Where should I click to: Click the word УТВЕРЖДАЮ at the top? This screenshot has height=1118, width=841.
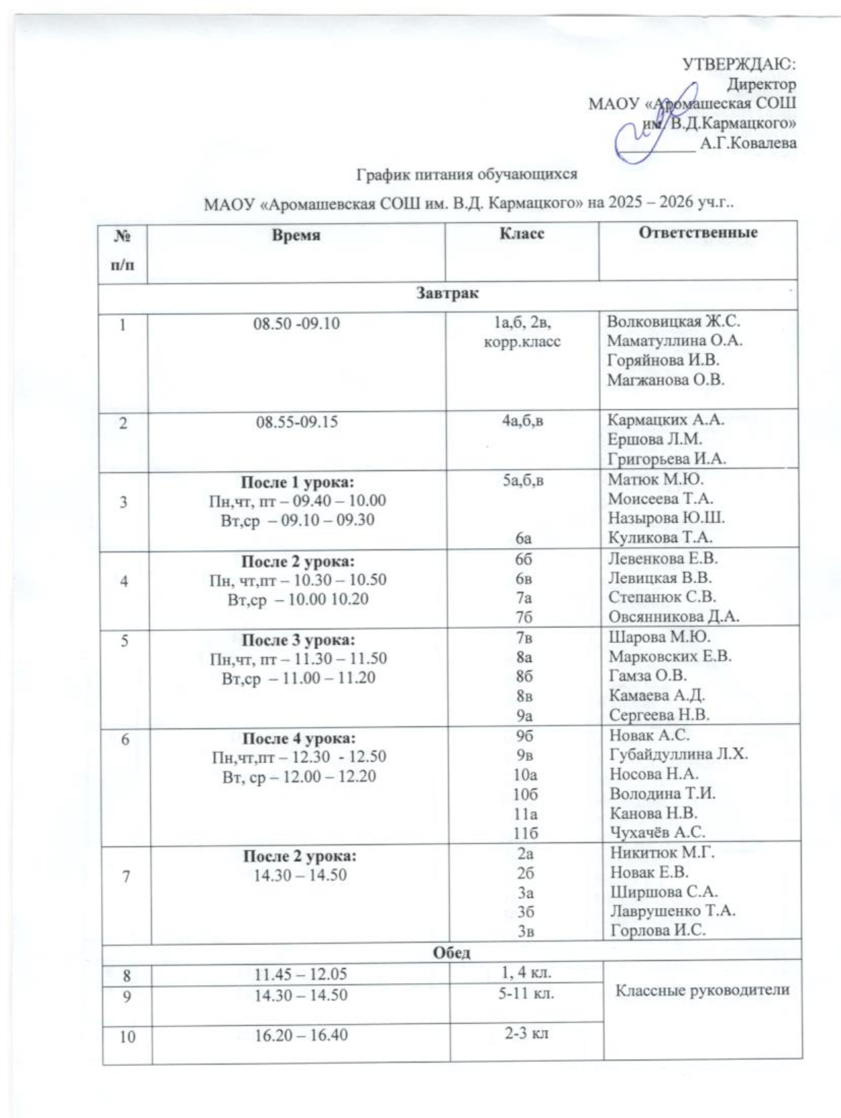pyautogui.click(x=739, y=64)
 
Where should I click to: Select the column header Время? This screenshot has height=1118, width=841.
pyautogui.click(x=296, y=235)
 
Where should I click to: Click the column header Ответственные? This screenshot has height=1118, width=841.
pyautogui.click(x=698, y=232)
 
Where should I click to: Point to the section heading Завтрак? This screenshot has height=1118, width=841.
pyautogui.click(x=447, y=293)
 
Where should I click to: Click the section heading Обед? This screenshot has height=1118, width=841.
pyautogui.click(x=451, y=952)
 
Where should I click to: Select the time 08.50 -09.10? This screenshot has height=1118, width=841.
pyautogui.click(x=296, y=324)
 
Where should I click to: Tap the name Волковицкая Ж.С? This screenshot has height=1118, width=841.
pyautogui.click(x=673, y=321)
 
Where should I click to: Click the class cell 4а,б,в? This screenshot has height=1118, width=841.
pyautogui.click(x=522, y=420)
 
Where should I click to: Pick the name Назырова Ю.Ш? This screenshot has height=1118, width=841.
pyautogui.click(x=666, y=518)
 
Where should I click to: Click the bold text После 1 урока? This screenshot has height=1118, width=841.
pyautogui.click(x=297, y=482)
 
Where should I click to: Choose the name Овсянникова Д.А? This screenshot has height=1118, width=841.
pyautogui.click(x=673, y=617)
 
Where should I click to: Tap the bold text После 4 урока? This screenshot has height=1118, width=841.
pyautogui.click(x=298, y=738)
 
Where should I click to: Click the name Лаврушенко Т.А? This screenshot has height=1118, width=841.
pyautogui.click(x=673, y=911)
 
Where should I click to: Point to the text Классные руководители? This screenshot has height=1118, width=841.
pyautogui.click(x=703, y=990)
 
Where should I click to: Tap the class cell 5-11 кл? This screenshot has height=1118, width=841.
pyautogui.click(x=526, y=995)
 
